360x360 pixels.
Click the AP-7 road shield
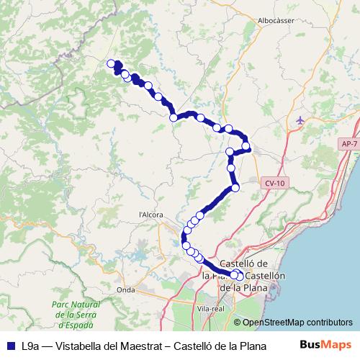[x=348, y=145]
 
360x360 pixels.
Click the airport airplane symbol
[x=300, y=120]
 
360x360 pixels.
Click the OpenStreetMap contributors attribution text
[x=297, y=323]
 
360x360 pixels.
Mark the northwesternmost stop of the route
[x=112, y=64]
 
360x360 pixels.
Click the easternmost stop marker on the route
[x=246, y=147]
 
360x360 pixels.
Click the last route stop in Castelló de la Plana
[x=239, y=275]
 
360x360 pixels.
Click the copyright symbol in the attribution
[x=238, y=323]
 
